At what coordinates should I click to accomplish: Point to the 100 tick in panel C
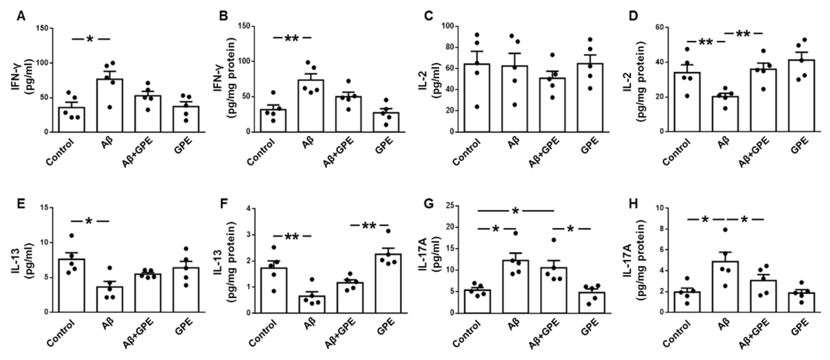coord(450,26)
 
